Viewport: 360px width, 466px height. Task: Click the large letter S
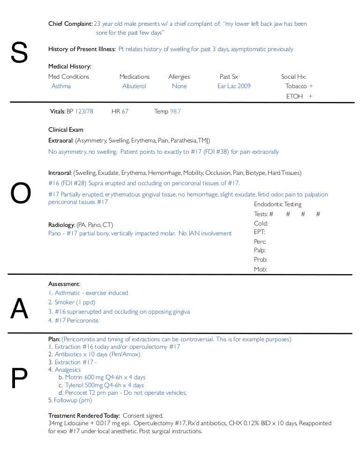pyautogui.click(x=19, y=53)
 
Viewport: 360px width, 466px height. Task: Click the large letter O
pyautogui.click(x=20, y=193)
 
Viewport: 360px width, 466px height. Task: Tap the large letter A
pyautogui.click(x=19, y=309)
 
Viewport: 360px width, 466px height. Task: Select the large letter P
pyautogui.click(x=19, y=379)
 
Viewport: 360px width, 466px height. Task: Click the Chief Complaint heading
pyautogui.click(x=70, y=23)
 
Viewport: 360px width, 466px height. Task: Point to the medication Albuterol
pyautogui.click(x=134, y=86)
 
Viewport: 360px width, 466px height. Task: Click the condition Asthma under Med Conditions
pyautogui.click(x=61, y=86)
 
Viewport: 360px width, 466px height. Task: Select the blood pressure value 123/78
pyautogui.click(x=84, y=112)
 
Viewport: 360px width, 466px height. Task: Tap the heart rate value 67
pyautogui.click(x=125, y=112)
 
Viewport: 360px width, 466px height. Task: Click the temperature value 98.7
pyautogui.click(x=175, y=112)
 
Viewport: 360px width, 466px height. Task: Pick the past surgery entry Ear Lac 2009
pyautogui.click(x=234, y=86)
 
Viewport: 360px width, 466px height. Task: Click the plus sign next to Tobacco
pyautogui.click(x=311, y=86)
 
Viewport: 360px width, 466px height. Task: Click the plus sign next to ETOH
pyautogui.click(x=310, y=96)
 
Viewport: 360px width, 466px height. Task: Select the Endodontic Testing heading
pyautogui.click(x=277, y=204)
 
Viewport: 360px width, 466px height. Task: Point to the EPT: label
pyautogui.click(x=260, y=232)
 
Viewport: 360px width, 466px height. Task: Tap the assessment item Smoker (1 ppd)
pyautogui.click(x=75, y=302)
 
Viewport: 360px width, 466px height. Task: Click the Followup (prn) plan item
pyautogui.click(x=73, y=400)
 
